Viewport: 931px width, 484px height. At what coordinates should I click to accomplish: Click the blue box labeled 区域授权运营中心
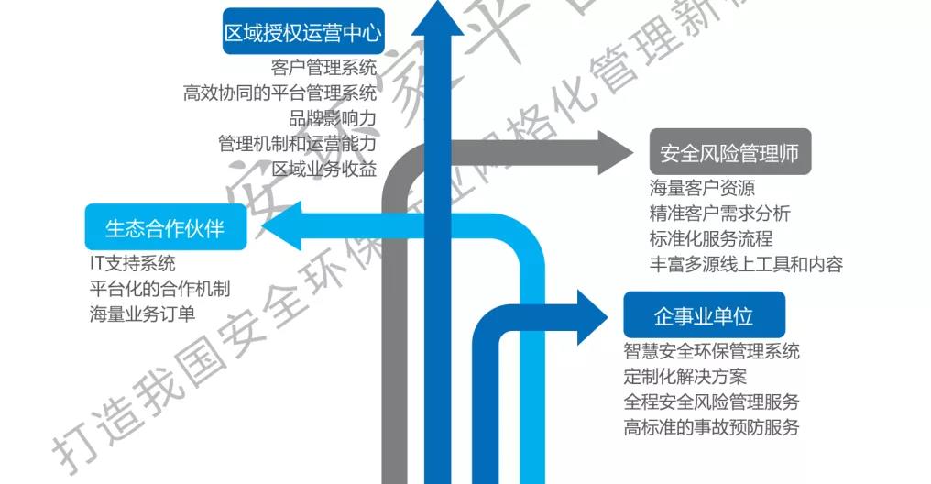pos(302,34)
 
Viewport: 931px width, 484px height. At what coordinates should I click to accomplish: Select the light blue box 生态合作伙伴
pos(165,226)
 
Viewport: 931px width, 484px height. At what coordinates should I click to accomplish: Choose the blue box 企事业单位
pos(704,316)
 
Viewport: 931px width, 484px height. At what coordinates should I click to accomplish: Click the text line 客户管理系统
pos(323,67)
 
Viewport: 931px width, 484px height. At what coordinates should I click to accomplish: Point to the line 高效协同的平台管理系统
pos(279,93)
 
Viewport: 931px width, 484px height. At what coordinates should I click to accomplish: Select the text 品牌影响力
pos(332,118)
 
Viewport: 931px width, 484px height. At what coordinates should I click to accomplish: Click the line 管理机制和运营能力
pos(297,144)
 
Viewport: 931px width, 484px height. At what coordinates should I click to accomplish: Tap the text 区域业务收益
pos(323,170)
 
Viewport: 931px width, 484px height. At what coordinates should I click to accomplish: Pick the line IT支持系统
pos(132,263)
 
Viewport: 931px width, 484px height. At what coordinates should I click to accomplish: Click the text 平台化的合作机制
pos(159,289)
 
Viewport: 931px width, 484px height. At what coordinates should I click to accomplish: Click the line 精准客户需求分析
pos(719,214)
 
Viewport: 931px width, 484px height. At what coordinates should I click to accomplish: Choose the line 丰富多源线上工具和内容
pos(745,265)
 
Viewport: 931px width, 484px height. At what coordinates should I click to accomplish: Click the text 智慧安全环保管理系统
pos(711,351)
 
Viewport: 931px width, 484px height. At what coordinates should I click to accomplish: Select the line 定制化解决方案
pos(685,376)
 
